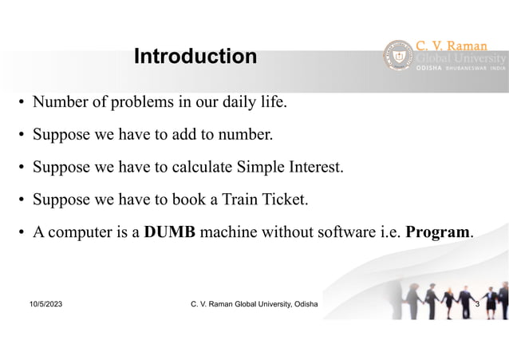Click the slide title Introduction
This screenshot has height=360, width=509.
195,57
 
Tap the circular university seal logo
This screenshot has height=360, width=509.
399,57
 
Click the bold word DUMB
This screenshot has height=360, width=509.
170,233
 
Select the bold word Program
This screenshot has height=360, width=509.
438,233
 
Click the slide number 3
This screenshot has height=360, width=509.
476,305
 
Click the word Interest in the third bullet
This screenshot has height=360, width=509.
313,168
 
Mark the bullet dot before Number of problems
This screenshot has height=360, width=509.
22,104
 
